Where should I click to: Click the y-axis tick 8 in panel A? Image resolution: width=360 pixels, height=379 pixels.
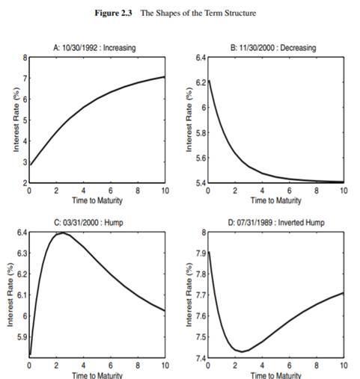point(25,57)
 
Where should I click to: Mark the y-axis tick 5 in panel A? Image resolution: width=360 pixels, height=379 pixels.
point(25,120)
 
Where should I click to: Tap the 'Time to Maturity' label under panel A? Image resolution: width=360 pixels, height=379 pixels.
point(97,200)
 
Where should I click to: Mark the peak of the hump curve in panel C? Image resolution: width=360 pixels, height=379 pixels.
point(61,233)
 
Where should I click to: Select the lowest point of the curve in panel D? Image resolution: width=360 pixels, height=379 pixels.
point(242,351)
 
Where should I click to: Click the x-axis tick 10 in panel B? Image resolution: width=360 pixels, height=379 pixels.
point(342,191)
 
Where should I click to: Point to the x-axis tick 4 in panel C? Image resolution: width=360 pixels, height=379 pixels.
point(84,366)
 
